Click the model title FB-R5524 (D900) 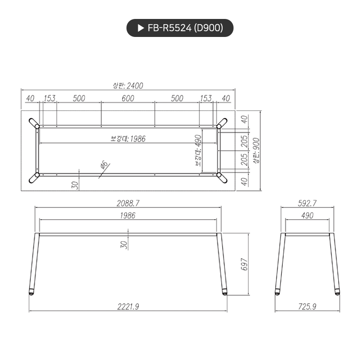pos(185,28)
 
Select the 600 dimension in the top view pos(128,99)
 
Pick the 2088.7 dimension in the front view pos(128,203)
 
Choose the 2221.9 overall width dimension pos(128,306)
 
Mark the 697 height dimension pos(245,264)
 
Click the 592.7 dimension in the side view pos(306,203)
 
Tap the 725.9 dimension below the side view pos(306,306)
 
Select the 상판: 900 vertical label pos(256,151)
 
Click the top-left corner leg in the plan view pos(34,123)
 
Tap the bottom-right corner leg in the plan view pos(221,178)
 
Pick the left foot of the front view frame pos(31,292)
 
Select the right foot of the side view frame pos(337,292)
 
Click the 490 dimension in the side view pos(306,216)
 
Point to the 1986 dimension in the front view pos(128,216)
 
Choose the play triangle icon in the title pos(140,28)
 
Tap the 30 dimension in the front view pos(124,244)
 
